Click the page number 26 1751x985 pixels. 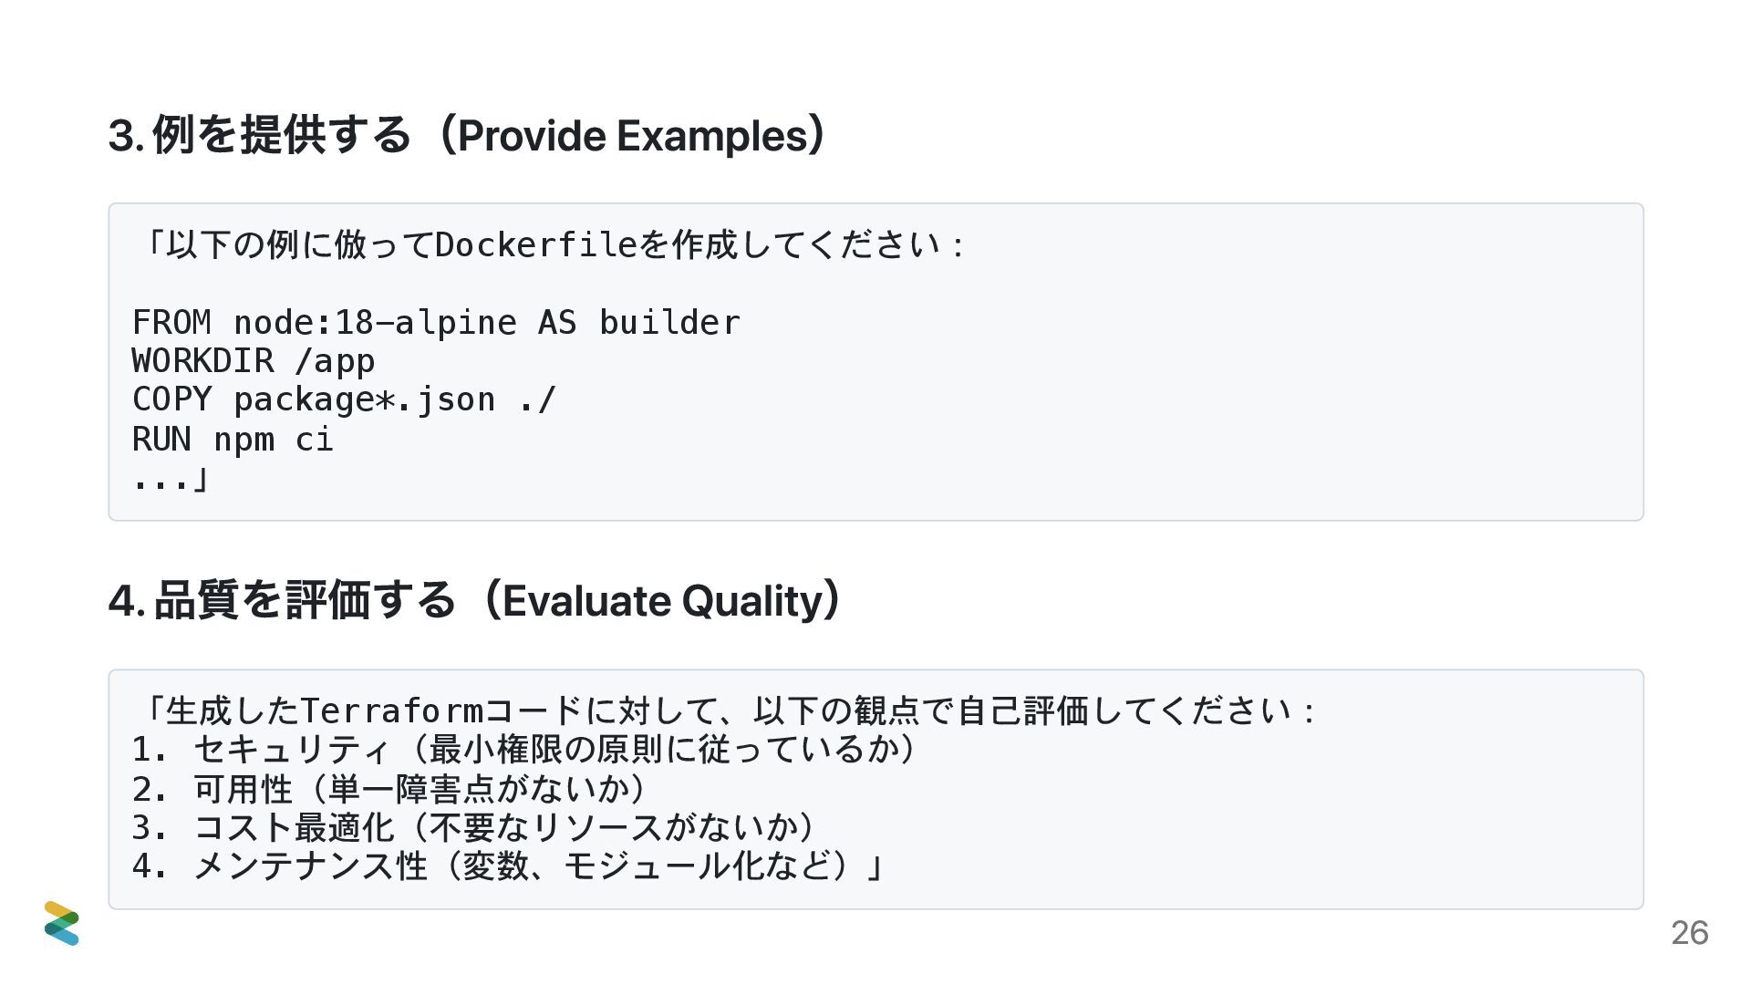1689,932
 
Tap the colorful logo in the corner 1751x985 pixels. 61,923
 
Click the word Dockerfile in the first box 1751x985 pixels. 536,244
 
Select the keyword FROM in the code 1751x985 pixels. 171,323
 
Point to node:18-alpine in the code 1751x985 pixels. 375,323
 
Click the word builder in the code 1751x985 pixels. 669,323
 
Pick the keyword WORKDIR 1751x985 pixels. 202,361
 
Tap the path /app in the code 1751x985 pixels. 335,361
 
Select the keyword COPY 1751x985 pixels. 171,399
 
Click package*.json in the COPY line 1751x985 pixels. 365,399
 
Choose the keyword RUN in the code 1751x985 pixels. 161,440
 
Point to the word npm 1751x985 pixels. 243,440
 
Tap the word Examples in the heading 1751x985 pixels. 712,136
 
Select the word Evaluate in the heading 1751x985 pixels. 586,601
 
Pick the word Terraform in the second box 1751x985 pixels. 391,710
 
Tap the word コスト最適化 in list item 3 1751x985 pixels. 294,827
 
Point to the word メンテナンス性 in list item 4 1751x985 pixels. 310,866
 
